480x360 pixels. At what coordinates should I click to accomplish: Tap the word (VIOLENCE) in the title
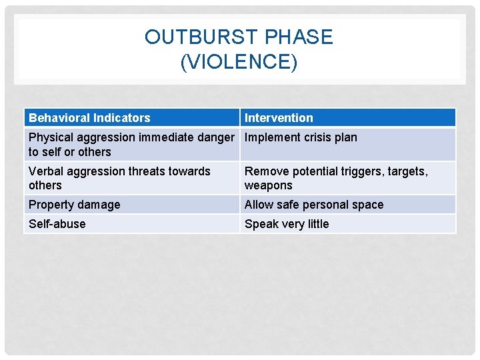coord(239,62)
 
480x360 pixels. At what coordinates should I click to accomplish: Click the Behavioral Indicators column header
coord(89,118)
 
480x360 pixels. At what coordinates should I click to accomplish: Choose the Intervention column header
coord(279,118)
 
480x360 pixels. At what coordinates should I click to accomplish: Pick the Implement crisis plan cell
coord(301,138)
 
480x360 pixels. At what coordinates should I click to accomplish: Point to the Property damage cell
coord(75,205)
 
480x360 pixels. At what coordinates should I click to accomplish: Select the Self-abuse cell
coord(57,224)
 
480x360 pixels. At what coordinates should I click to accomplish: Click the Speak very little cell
coord(287,224)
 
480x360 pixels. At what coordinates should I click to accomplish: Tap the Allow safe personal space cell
coord(314,205)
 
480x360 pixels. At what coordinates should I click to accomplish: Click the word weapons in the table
coord(268,185)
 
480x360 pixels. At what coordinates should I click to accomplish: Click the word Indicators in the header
coord(121,118)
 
